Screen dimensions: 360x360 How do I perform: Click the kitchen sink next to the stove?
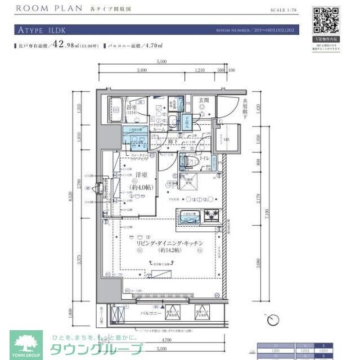click(188, 215)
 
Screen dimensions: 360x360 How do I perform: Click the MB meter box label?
click(226, 139)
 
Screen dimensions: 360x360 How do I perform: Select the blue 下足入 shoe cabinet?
click(186, 121)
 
